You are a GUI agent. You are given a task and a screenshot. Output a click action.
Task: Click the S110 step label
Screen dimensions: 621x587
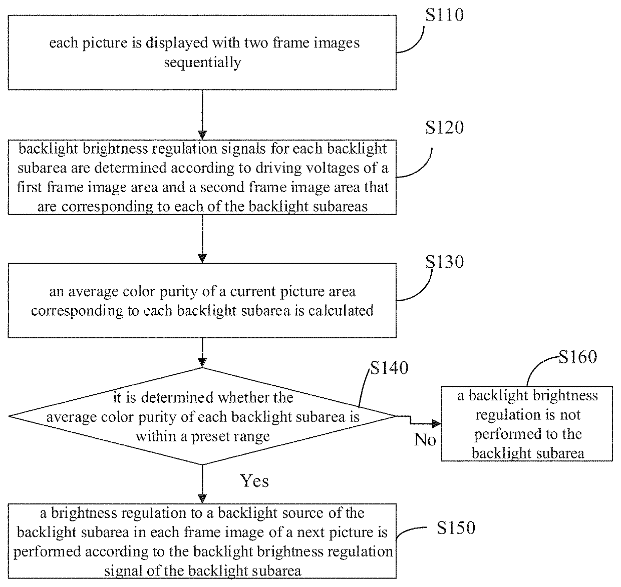point(444,15)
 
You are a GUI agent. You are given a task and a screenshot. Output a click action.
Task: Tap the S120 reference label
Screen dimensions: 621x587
point(444,128)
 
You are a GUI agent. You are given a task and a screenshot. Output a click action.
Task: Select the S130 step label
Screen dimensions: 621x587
point(444,262)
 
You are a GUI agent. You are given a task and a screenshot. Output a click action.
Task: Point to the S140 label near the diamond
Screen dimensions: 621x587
point(389,368)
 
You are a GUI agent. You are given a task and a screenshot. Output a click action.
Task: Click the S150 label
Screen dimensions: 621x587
point(456,527)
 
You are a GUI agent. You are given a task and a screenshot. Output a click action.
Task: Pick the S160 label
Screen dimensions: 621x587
point(578,357)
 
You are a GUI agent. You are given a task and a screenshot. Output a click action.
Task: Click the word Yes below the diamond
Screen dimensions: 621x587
point(254,481)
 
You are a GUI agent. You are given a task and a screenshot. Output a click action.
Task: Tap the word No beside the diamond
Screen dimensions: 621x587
point(425,439)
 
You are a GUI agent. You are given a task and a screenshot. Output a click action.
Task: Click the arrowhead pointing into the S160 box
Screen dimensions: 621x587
point(437,424)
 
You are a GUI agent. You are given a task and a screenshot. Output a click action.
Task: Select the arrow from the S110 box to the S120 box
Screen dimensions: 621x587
point(202,115)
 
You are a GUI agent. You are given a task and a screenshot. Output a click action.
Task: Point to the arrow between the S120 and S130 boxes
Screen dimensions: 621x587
point(202,239)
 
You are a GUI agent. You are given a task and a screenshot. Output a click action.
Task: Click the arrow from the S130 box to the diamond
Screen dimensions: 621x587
point(202,353)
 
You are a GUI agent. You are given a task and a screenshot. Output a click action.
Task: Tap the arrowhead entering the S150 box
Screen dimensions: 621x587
point(202,499)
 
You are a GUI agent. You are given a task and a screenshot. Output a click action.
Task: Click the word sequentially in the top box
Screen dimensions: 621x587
point(202,63)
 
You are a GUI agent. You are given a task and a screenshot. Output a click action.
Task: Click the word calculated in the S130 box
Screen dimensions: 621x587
point(341,310)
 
